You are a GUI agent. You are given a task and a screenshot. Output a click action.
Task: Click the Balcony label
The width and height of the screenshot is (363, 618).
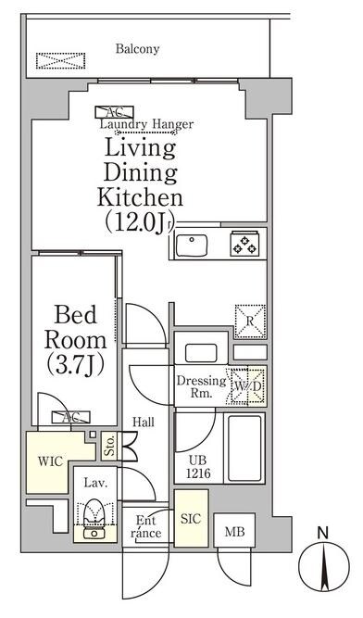tap(137, 49)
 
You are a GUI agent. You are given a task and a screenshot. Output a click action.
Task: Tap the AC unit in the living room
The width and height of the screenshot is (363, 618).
tap(114, 112)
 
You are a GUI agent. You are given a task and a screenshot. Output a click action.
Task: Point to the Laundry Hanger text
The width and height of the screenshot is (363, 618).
tap(146, 124)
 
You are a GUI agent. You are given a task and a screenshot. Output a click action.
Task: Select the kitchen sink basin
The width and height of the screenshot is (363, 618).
tap(192, 246)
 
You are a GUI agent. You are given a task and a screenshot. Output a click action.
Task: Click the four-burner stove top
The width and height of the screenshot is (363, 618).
tap(244, 243)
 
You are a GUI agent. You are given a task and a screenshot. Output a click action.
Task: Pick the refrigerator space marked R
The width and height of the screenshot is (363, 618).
tap(250, 322)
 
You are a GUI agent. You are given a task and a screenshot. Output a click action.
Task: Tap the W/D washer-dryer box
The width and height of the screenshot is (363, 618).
tap(247, 386)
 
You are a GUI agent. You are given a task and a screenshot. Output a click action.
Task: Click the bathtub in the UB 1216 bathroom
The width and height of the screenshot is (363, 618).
tap(244, 448)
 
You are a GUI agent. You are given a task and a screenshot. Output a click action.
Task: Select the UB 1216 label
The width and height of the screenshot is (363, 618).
tap(199, 467)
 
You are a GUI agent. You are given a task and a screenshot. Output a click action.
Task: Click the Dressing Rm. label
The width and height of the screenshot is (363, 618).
tap(201, 386)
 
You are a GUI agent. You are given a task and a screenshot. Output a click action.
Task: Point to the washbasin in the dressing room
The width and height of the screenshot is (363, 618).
tap(201, 353)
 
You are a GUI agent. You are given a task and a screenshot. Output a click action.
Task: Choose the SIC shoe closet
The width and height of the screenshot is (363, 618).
tap(192, 518)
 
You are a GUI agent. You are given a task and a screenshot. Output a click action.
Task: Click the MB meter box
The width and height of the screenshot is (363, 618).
tap(234, 530)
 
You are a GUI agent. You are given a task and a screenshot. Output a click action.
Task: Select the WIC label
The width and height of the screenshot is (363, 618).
tap(50, 461)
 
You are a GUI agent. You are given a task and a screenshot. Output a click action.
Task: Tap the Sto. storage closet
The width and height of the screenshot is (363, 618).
tap(110, 447)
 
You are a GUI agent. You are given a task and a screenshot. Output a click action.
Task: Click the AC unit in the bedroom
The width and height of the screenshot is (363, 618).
tap(71, 417)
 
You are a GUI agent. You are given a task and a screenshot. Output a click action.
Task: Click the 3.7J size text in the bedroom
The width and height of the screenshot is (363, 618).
tap(75, 365)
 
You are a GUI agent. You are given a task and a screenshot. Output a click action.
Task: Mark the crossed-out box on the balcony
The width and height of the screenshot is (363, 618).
tap(60, 61)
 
